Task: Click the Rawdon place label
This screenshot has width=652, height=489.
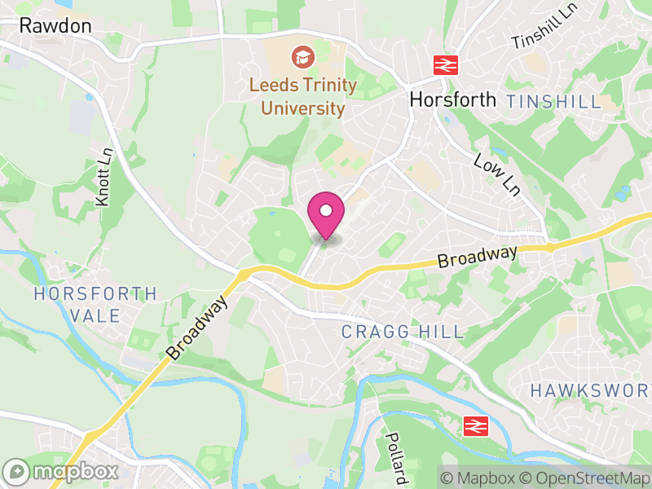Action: (55, 26)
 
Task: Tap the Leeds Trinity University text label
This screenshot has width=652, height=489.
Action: (303, 96)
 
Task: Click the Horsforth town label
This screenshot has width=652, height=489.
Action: (453, 99)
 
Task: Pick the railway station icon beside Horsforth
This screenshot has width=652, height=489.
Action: (444, 65)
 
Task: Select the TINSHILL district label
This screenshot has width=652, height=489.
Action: (553, 102)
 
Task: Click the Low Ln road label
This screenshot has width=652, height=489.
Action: (496, 172)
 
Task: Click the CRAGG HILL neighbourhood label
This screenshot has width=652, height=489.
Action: (402, 332)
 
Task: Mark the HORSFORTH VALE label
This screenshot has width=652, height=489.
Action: (96, 304)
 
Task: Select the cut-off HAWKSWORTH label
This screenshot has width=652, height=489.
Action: (590, 390)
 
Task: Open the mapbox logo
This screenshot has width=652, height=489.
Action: (60, 471)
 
